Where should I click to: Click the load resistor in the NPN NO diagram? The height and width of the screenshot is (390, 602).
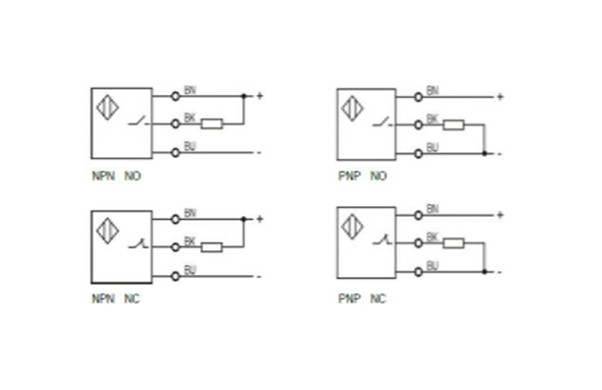point(212,124)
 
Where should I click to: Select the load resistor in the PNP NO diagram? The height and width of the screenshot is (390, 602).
point(454,126)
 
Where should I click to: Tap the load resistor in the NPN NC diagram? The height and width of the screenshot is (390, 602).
point(212,247)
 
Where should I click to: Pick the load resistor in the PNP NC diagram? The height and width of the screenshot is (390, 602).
point(454,244)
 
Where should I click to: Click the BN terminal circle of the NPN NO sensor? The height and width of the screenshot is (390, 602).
point(176,96)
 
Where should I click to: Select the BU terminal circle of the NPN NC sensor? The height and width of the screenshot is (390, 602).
point(176,276)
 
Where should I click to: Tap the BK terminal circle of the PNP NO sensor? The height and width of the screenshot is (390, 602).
point(418,126)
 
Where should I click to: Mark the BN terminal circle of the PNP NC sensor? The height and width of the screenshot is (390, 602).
point(418,216)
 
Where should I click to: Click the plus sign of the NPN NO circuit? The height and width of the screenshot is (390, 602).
point(260,96)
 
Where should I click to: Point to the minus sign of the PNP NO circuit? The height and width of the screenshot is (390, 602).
point(501,154)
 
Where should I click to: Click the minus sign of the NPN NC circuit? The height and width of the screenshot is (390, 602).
point(259,277)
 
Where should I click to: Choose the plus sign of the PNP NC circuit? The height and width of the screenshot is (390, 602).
point(501,216)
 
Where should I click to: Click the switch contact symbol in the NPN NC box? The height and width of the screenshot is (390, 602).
point(138,245)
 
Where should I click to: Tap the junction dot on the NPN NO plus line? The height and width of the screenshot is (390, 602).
point(244,96)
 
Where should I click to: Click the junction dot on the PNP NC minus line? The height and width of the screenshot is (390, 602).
point(484,272)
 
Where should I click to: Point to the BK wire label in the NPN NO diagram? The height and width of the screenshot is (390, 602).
point(189,118)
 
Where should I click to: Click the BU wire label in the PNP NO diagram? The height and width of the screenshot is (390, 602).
point(432,147)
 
